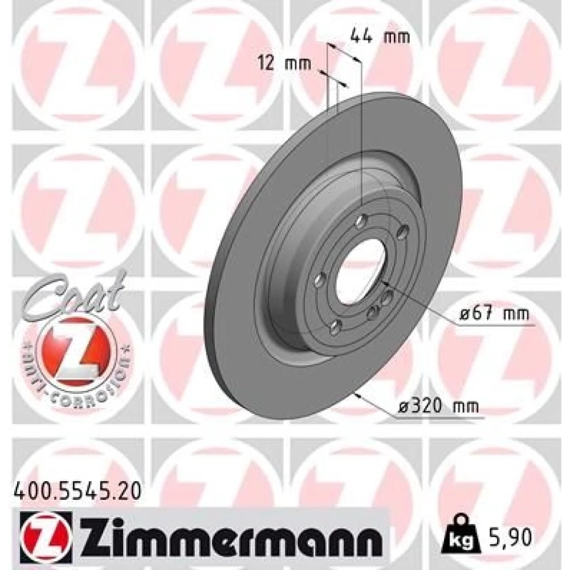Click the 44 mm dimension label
click(380, 36)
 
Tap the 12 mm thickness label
click(284, 64)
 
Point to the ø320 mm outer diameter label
click(438, 406)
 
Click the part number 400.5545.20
click(76, 491)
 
